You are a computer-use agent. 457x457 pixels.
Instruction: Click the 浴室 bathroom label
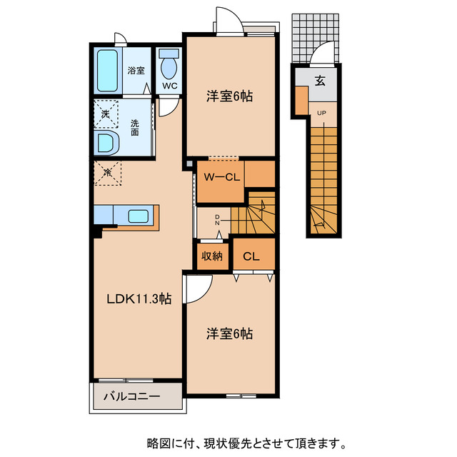[x=136, y=70]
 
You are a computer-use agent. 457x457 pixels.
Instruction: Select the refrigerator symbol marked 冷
[x=107, y=172]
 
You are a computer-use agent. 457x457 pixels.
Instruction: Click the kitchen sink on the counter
[x=138, y=216]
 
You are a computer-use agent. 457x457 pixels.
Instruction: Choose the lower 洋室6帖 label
[x=230, y=333]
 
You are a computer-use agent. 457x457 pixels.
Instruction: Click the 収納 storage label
[x=212, y=256]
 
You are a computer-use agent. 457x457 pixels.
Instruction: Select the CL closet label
[x=251, y=256]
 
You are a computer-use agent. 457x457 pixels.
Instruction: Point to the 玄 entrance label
[x=320, y=80]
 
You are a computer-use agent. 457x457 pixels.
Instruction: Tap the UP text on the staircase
[x=321, y=113]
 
